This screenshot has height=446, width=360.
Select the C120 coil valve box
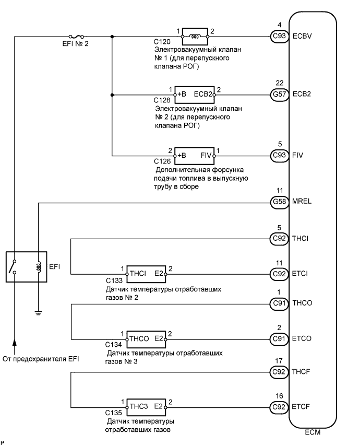[x=194, y=37]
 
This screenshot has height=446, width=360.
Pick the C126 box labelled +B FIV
[x=194, y=155]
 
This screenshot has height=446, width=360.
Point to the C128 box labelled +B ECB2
[x=196, y=95]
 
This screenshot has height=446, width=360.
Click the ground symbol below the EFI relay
[x=38, y=313]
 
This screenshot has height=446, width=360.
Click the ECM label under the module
[x=313, y=432]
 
